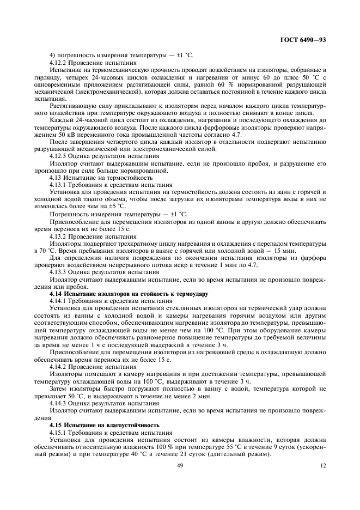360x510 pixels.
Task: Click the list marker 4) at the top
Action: click(52, 56)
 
